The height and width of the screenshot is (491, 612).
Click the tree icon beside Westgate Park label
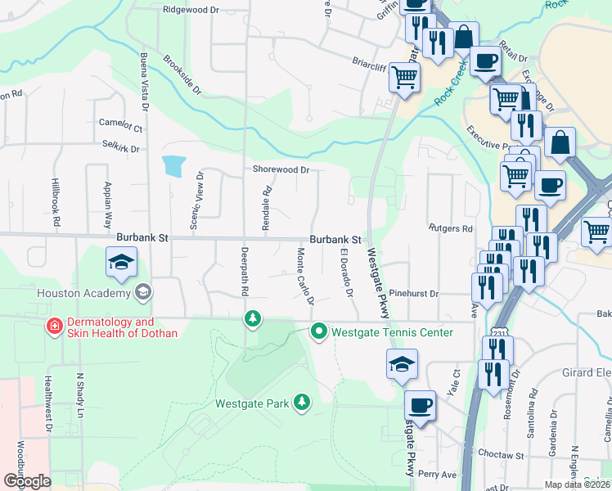click(303, 401)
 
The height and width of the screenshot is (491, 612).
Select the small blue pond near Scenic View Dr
click(173, 166)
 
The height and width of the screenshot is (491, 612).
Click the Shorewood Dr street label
click(281, 170)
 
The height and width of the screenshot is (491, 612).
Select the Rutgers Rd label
click(450, 228)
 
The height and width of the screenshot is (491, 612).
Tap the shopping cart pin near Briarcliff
click(404, 79)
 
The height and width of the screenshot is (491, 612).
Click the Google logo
click(27, 480)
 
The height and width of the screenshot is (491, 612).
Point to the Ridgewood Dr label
click(191, 11)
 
